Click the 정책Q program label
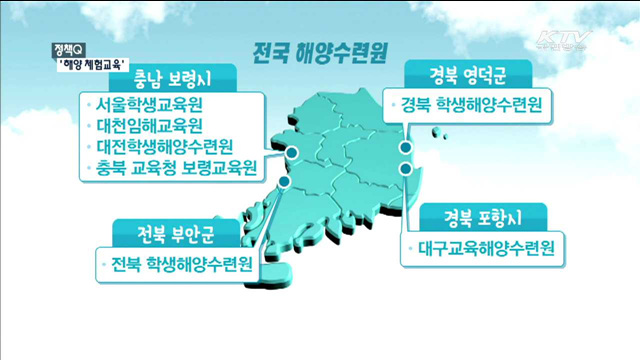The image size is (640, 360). [71, 47]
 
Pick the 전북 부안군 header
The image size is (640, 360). [168, 236]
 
